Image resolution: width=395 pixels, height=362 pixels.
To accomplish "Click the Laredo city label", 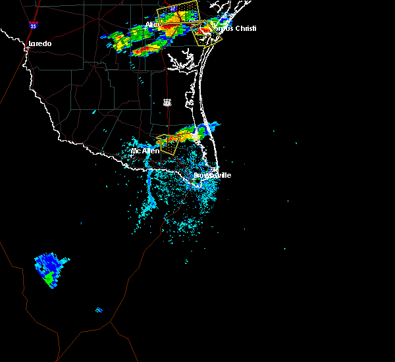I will (x=40, y=44).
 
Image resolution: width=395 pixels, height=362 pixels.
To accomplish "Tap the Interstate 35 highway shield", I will (x=33, y=25).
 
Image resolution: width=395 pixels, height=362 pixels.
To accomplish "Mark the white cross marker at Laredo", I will (x=26, y=47).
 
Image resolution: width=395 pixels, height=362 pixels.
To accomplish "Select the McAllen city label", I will (x=145, y=151).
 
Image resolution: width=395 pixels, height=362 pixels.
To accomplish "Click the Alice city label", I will (x=152, y=25).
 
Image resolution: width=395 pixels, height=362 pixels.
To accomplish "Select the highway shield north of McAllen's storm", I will (x=167, y=103).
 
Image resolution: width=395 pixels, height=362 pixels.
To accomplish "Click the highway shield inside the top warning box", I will (x=172, y=8).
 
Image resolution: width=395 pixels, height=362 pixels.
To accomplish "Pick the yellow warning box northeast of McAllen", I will (x=169, y=143).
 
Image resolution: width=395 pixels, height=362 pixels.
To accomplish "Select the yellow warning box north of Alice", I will (x=178, y=12).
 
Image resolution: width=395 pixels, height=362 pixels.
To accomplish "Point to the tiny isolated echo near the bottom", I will (x=99, y=309).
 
